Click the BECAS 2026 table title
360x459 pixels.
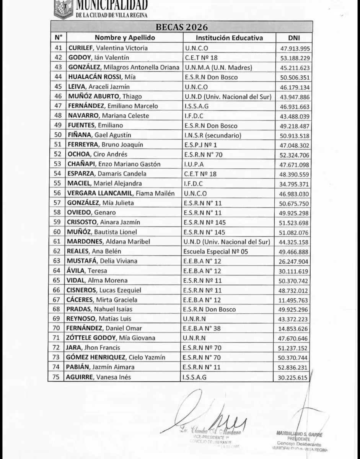(x=182, y=27)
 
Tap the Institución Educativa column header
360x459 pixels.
(x=229, y=38)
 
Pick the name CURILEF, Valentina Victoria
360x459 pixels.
(x=108, y=48)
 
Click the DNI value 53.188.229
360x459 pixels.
(x=294, y=58)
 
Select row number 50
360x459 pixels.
(x=58, y=135)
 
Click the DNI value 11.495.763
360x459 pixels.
(x=294, y=300)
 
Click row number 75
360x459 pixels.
(x=58, y=377)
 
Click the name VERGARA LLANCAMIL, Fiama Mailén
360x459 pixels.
(x=121, y=193)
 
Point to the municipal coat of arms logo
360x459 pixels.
(x=63, y=8)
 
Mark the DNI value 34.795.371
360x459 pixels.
(x=294, y=184)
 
